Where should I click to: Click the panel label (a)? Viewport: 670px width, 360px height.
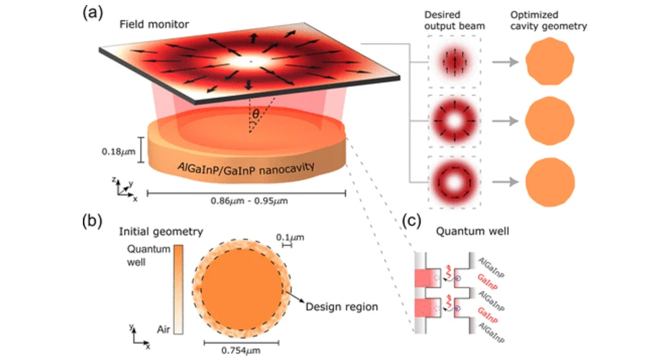point(93,13)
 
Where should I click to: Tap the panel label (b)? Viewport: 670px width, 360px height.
point(92,221)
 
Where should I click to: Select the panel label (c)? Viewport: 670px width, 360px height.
point(412,220)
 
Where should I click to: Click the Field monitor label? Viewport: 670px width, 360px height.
point(154,24)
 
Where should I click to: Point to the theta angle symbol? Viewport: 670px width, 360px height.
point(256,114)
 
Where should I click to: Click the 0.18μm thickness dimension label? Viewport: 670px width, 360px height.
point(118,152)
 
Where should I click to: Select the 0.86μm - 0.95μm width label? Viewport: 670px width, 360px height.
point(249,201)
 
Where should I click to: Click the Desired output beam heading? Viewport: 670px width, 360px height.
point(454,20)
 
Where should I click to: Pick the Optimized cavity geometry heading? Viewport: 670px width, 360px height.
point(549,20)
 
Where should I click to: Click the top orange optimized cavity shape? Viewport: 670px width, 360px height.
point(550,61)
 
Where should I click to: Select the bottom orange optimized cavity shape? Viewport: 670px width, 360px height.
point(550,182)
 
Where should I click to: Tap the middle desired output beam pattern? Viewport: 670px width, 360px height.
point(454,121)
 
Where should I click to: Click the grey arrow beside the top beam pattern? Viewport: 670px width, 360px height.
point(505,63)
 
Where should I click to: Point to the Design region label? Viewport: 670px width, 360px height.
point(341,307)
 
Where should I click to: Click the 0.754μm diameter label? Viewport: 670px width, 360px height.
point(241,351)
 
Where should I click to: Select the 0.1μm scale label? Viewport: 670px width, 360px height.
point(290,237)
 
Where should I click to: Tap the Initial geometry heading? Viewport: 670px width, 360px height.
point(161,232)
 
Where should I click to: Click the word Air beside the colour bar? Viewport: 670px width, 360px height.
point(164,329)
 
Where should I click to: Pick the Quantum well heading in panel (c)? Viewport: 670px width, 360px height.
point(472,231)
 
